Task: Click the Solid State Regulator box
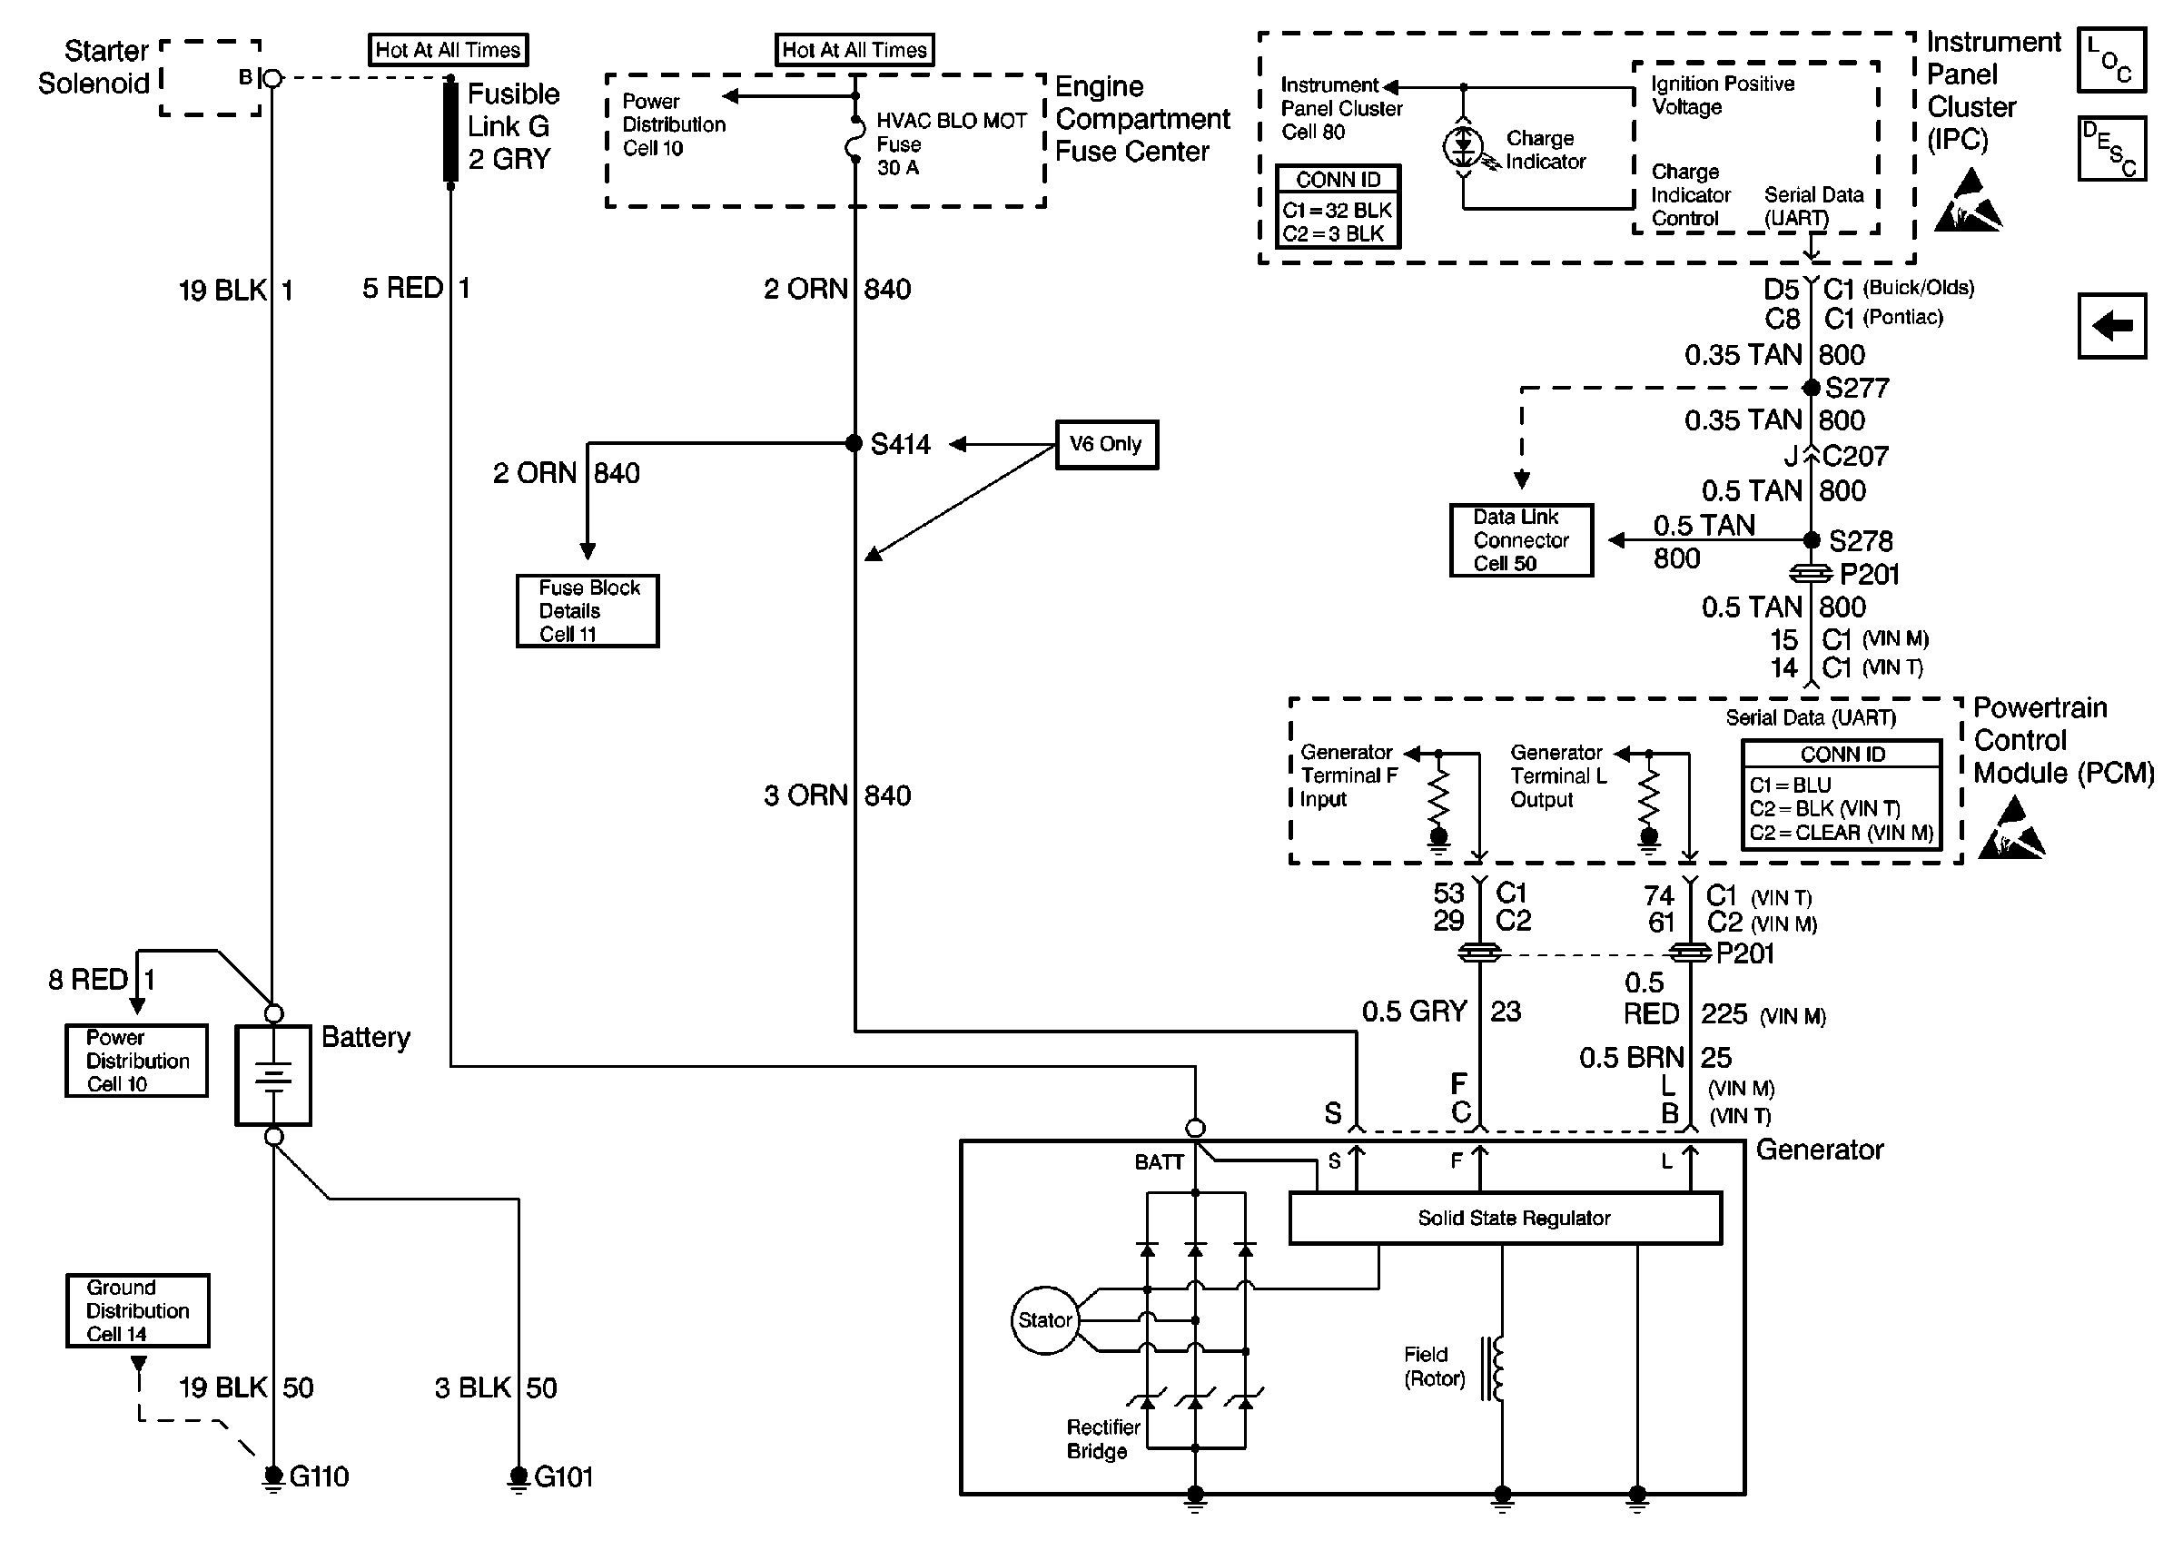pos(1504,1218)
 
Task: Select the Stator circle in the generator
pos(1044,1320)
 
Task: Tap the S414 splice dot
pos(854,443)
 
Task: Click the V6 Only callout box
pos(1106,445)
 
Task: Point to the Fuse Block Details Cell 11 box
pos(588,611)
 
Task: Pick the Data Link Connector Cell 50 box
pos(1520,540)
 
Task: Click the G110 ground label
pos(319,1476)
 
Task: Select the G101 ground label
pos(564,1476)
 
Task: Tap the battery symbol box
pos(273,1075)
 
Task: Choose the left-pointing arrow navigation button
pos(2111,327)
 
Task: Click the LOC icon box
pos(2111,60)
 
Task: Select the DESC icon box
pos(2111,149)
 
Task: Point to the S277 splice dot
pos(1811,388)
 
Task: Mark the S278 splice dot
pos(1811,540)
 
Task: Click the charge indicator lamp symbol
pos(1463,146)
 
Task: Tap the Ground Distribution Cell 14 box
pos(137,1310)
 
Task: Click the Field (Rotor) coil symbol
pos(1495,1367)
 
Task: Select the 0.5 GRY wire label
pos(1414,1012)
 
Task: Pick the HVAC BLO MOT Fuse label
pos(951,144)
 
